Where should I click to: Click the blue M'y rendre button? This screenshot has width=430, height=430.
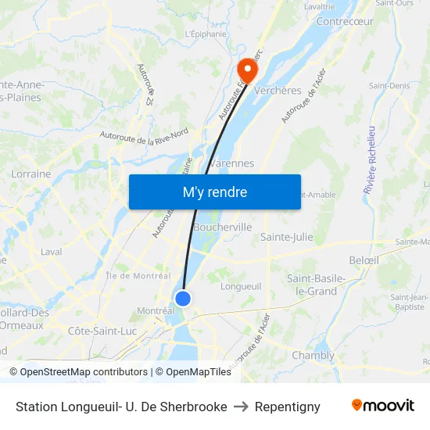(214, 192)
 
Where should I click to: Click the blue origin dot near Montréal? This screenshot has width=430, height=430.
(183, 298)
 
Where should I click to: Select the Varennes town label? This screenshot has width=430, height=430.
(231, 163)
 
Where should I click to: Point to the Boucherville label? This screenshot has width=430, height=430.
(223, 227)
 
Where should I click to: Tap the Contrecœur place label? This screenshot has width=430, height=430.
(345, 21)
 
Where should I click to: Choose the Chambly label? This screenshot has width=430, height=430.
(313, 355)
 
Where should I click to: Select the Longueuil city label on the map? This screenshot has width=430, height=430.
(241, 286)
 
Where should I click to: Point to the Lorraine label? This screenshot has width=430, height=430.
(31, 174)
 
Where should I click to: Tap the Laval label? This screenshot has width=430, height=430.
(51, 252)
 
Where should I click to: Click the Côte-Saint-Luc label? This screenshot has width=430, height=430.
(102, 331)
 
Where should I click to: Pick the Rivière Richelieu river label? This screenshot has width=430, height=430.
(371, 160)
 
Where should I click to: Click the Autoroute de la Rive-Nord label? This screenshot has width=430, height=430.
(144, 134)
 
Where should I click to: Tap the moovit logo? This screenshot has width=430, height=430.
(383, 406)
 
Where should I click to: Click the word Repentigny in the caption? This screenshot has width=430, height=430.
(288, 407)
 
